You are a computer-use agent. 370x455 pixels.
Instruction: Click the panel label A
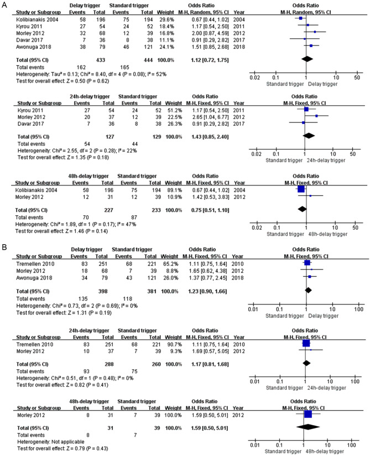(x=4, y=4)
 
